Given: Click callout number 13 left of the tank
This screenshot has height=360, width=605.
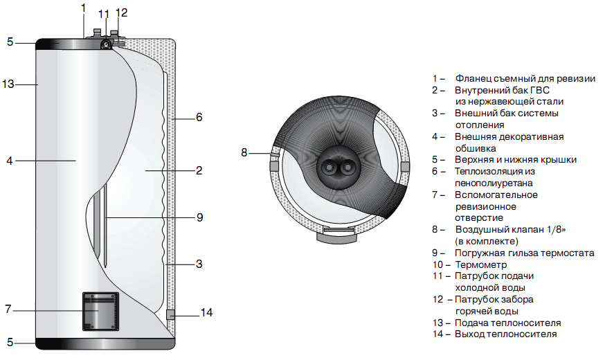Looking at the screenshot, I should [x=8, y=84].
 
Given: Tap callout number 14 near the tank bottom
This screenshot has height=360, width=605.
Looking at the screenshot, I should [x=206, y=313].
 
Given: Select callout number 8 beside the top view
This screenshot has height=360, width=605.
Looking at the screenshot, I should [x=244, y=152].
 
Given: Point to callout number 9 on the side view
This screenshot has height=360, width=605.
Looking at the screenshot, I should [x=199, y=217].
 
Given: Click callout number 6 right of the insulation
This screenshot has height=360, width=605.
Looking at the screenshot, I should [x=199, y=118].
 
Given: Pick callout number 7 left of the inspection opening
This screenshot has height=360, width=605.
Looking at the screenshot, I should [x=8, y=309].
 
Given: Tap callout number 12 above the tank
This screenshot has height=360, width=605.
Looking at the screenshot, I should [x=122, y=13].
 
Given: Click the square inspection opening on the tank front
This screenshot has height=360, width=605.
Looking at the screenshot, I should [x=100, y=311].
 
